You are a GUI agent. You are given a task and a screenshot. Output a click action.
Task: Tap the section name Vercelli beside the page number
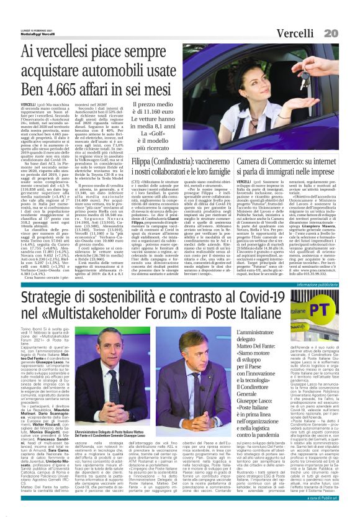[309, 14]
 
